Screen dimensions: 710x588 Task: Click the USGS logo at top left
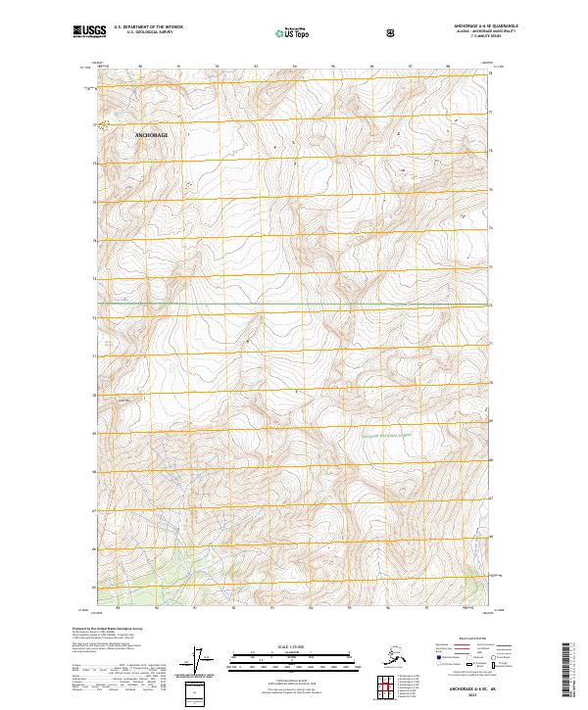88,31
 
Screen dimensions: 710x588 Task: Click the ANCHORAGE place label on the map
151,132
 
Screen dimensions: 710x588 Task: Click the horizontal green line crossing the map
294,305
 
